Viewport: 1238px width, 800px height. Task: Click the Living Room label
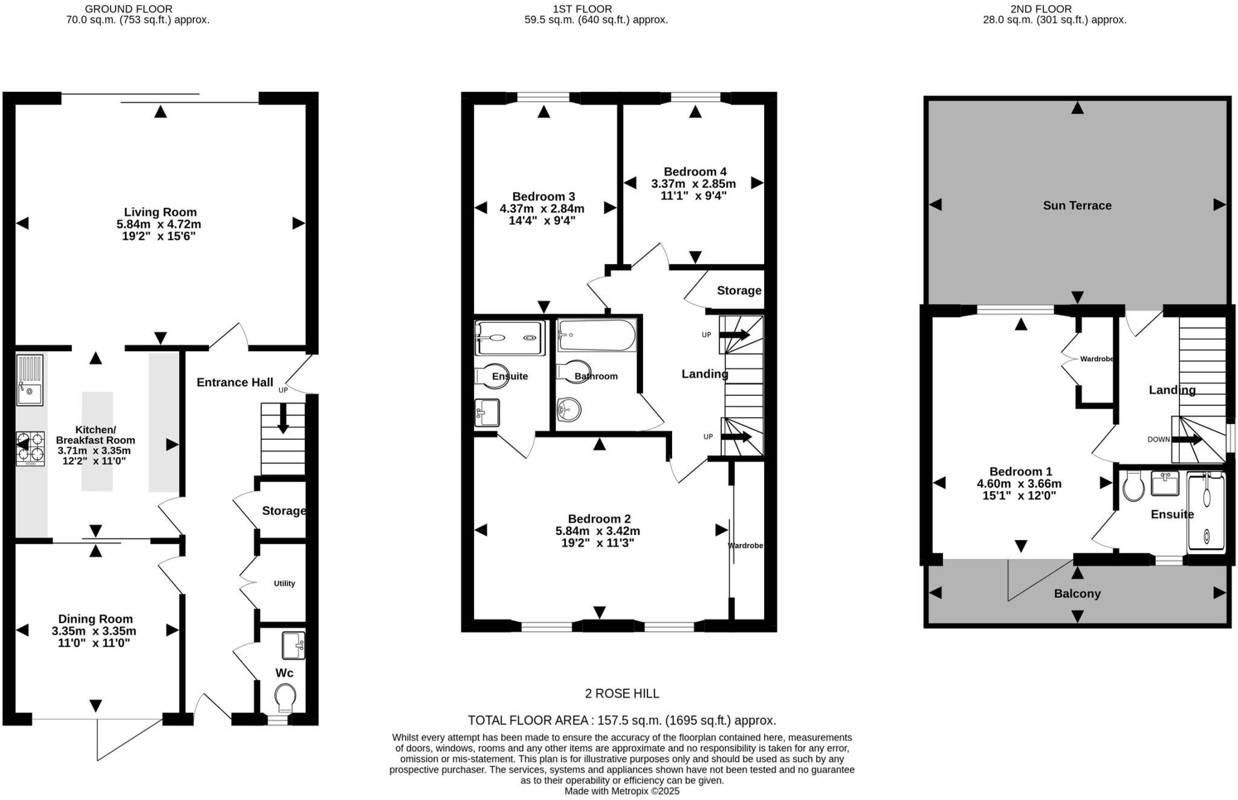[x=160, y=212]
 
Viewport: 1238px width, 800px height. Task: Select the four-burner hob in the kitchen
[x=30, y=448]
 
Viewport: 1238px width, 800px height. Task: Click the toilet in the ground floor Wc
[x=285, y=698]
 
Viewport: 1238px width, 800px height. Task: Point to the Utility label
[x=284, y=583]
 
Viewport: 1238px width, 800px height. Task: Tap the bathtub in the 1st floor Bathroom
[x=597, y=335]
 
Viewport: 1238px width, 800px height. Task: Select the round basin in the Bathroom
[x=568, y=410]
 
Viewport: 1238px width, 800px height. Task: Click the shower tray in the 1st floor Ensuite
[x=510, y=338]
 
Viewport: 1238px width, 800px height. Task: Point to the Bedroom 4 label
[x=695, y=172]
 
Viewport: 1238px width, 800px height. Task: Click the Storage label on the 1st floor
[x=739, y=291]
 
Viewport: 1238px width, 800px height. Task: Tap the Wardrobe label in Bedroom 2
[x=745, y=546]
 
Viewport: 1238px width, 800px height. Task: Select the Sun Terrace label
[x=1077, y=205]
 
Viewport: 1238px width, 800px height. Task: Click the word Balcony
[x=1077, y=593]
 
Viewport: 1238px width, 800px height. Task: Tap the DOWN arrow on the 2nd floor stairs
[x=1186, y=439]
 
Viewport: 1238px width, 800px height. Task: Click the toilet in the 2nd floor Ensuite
[x=1133, y=487]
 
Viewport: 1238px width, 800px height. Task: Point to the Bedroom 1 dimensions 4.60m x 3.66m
[x=1019, y=483]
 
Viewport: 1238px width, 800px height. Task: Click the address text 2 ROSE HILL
[x=621, y=694]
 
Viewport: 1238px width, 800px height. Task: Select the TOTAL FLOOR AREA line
[x=621, y=720]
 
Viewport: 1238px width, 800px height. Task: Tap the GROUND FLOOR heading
[x=128, y=9]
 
